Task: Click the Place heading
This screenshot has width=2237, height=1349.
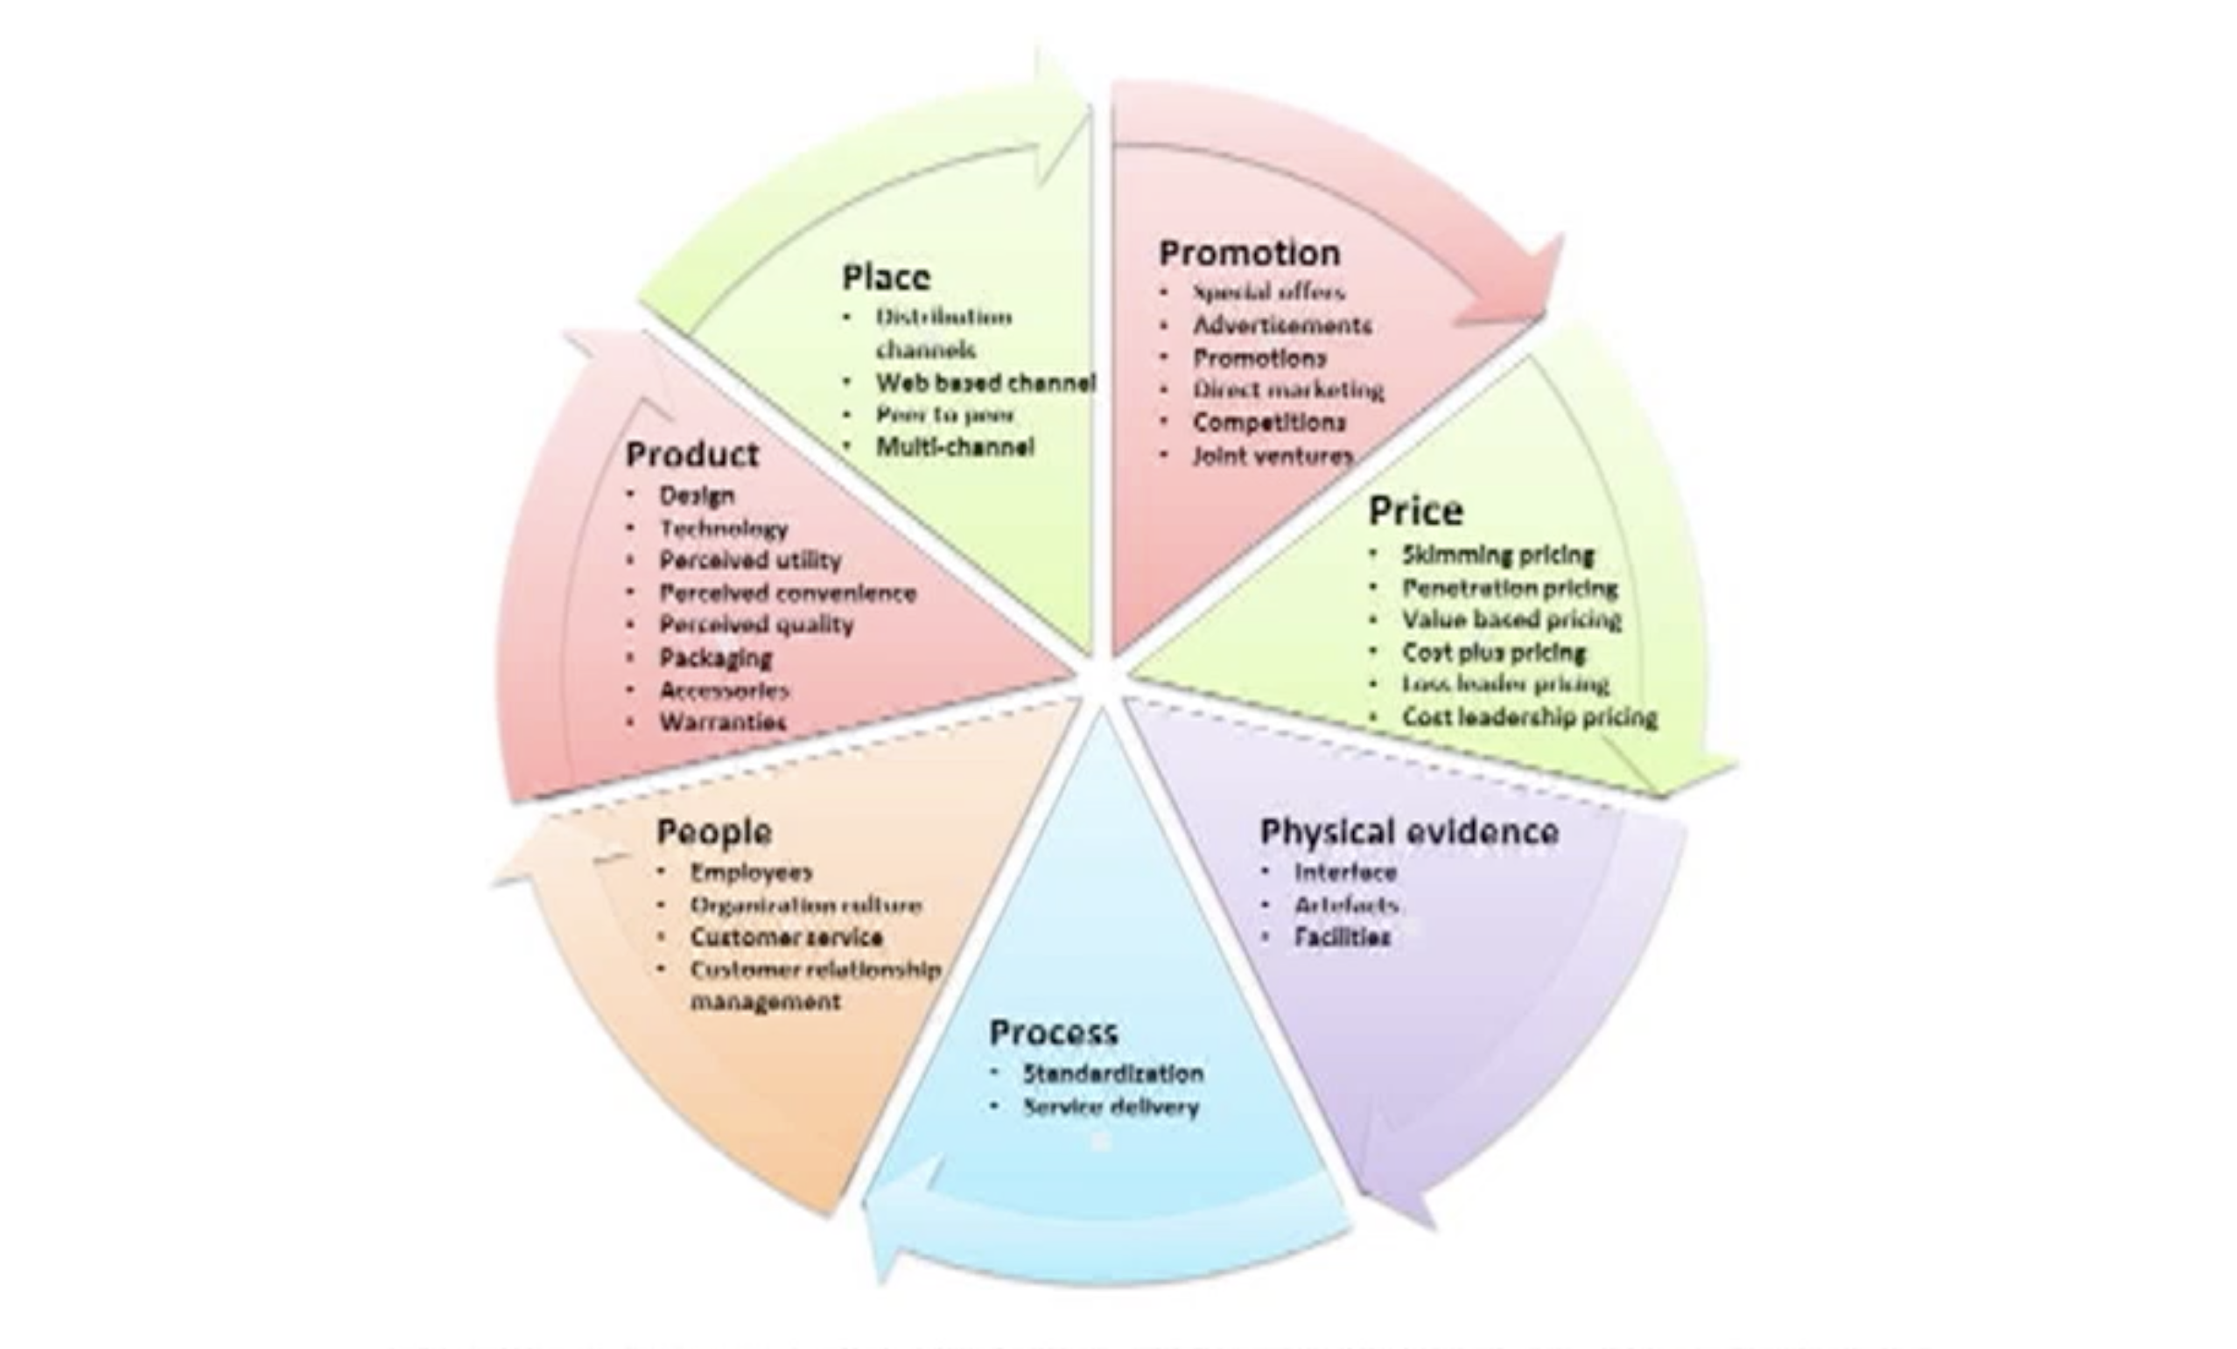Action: coord(886,276)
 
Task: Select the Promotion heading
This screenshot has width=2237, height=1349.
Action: coord(1249,254)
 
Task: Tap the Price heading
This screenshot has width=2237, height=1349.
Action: coord(1415,511)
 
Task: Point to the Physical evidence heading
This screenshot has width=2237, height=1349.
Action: coord(1409,832)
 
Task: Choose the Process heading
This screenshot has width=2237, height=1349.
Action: coord(1053,1032)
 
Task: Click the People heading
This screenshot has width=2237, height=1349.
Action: coord(713,832)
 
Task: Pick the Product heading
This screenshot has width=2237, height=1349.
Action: coord(691,454)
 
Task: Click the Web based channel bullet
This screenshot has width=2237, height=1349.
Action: coord(985,383)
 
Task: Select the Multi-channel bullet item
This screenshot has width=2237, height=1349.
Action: coord(954,447)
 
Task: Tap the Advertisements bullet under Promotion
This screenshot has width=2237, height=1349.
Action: coord(1281,325)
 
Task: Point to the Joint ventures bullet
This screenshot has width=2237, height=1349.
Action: coord(1272,456)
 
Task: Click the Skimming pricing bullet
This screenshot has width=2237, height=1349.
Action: coord(1497,555)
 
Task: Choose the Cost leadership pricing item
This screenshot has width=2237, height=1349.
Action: coord(1529,717)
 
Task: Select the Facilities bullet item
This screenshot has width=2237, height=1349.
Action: coord(1342,937)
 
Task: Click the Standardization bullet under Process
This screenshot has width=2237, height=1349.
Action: coord(1112,1073)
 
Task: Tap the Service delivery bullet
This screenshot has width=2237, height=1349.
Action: coord(1111,1107)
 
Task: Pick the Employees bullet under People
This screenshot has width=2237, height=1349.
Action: coord(751,872)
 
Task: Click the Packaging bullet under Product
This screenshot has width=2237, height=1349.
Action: coord(715,657)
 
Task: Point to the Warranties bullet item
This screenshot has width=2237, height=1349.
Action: coord(723,723)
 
